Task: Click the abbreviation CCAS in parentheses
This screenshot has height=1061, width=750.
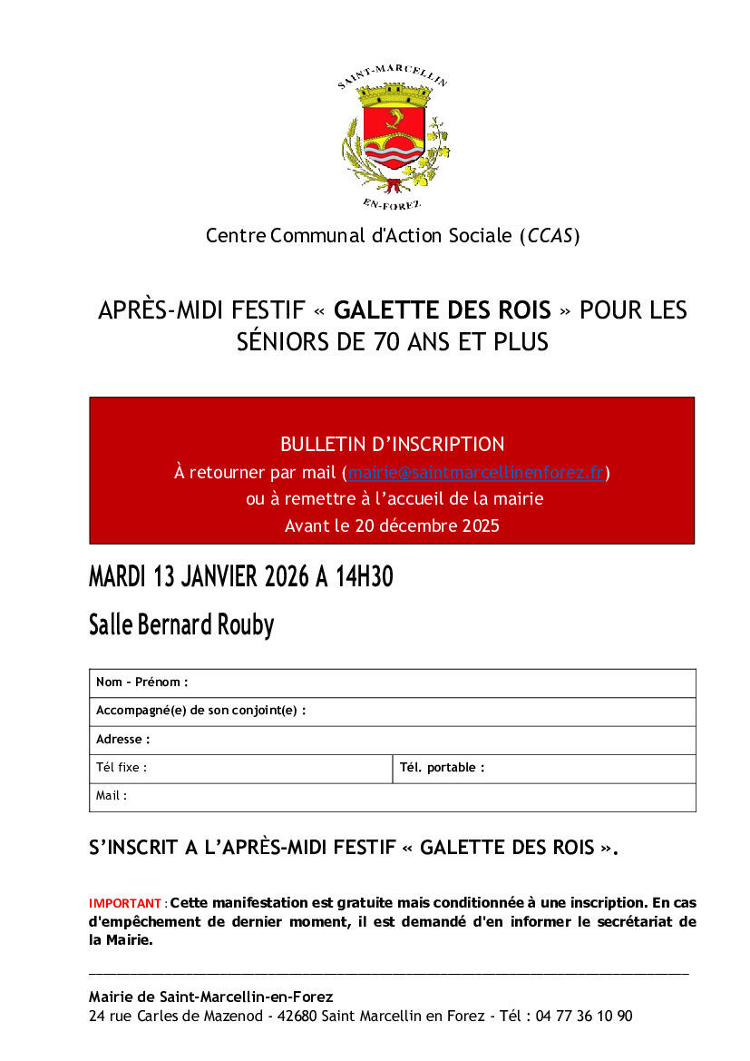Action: click(549, 236)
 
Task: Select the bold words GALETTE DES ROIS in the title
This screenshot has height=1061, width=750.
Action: click(442, 310)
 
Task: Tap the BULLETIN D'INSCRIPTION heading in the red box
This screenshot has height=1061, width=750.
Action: click(392, 444)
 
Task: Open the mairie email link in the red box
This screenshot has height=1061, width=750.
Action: click(476, 473)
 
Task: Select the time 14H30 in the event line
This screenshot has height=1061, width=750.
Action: click(363, 576)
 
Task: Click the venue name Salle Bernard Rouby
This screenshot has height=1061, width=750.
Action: click(181, 624)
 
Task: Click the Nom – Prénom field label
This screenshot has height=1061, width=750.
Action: click(142, 683)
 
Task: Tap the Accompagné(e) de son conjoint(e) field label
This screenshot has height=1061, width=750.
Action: click(200, 711)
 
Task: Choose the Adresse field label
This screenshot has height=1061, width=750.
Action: click(123, 740)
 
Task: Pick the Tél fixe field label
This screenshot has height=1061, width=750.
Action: click(122, 768)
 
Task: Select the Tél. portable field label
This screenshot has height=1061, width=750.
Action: click(442, 768)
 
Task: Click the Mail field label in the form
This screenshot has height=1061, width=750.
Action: click(112, 796)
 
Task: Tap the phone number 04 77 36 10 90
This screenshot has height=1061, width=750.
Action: click(584, 1017)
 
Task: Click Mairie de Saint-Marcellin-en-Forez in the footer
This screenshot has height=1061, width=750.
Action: click(210, 997)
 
